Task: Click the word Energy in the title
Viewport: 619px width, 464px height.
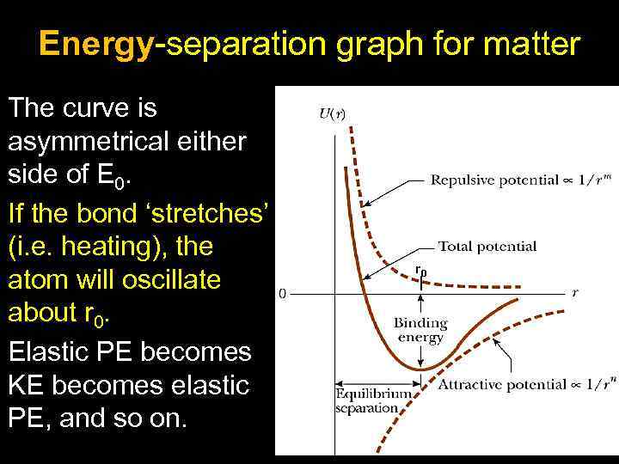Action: point(95,45)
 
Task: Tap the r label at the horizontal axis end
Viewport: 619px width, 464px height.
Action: point(575,292)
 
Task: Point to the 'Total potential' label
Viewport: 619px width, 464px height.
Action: point(487,247)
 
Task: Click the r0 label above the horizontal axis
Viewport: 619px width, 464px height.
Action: point(420,271)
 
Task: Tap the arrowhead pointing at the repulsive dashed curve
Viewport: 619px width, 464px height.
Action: point(363,205)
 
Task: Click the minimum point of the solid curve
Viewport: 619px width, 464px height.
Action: point(420,369)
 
